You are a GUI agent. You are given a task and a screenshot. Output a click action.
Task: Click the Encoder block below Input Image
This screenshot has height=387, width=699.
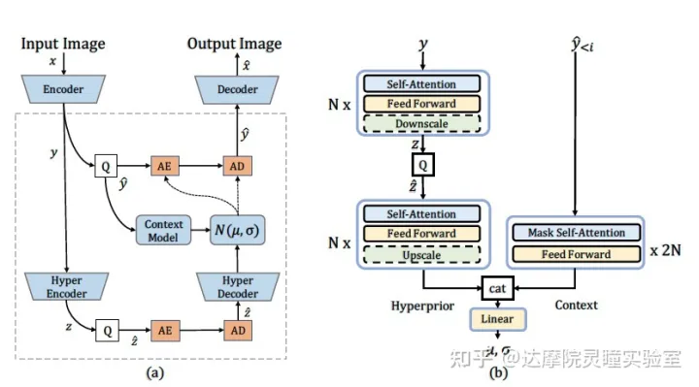(62, 90)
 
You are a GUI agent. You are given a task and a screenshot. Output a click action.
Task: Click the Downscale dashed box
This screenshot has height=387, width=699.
(421, 123)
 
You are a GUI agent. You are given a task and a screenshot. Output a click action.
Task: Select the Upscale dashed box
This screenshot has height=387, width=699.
(421, 255)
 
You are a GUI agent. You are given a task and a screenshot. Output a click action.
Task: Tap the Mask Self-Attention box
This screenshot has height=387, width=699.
(576, 233)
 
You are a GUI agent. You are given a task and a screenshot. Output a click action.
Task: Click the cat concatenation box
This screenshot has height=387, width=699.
(498, 288)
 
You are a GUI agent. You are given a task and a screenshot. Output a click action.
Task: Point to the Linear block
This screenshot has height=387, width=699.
(497, 318)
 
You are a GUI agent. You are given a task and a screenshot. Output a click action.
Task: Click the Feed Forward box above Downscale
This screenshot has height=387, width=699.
(421, 103)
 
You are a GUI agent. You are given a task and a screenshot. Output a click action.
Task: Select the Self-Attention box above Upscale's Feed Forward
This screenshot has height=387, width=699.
(421, 214)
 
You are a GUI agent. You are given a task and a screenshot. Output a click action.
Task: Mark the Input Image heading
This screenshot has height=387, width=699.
(62, 44)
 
